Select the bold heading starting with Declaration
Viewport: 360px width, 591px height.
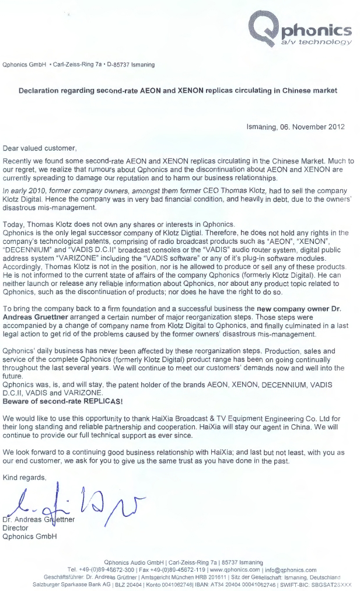(178, 91)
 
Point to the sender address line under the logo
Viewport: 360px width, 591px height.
(79, 64)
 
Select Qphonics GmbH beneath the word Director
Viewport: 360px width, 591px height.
(30, 536)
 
